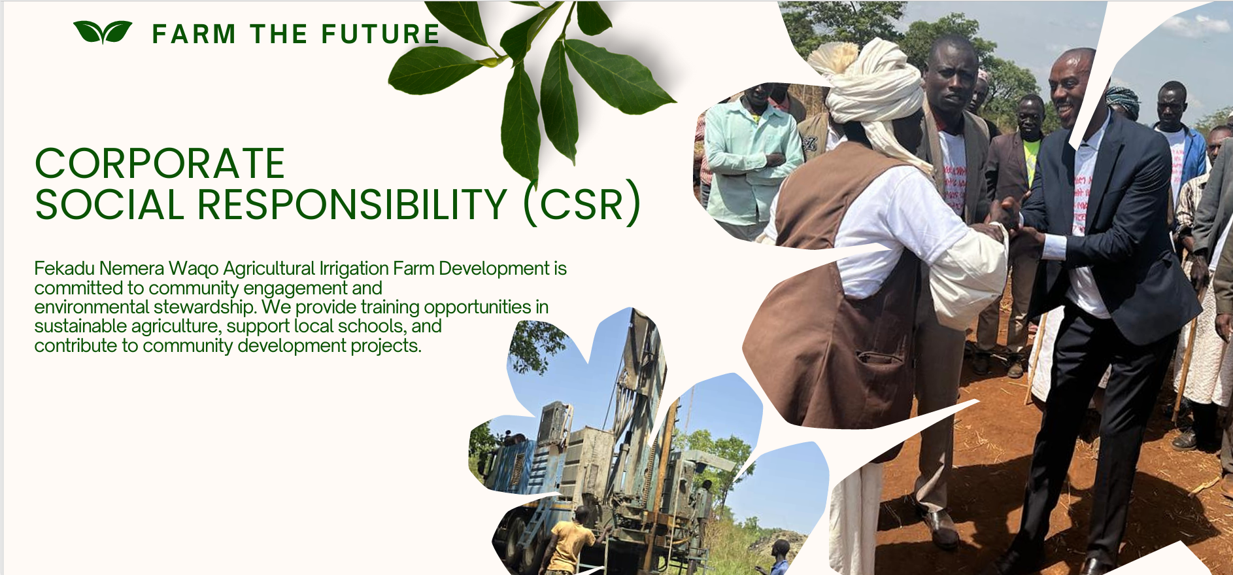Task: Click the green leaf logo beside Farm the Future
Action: [103, 32]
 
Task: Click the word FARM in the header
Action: [194, 34]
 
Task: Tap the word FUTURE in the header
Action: [380, 34]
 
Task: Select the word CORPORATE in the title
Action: [160, 164]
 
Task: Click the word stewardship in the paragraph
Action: [204, 307]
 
